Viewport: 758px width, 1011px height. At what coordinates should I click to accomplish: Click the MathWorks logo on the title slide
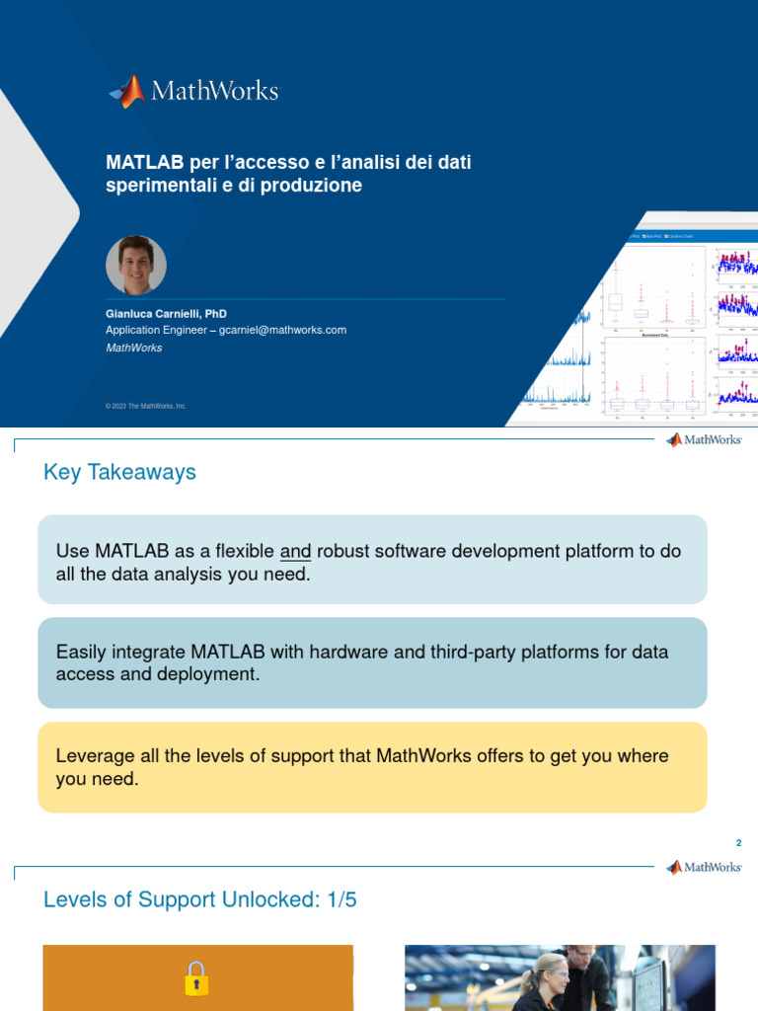point(193,91)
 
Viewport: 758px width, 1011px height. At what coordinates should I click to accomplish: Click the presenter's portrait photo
point(136,265)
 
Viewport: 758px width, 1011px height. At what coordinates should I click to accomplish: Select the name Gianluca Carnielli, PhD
point(166,313)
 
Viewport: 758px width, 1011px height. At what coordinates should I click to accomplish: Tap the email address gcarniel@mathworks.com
point(282,330)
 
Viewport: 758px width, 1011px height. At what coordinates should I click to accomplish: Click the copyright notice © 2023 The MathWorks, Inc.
point(146,406)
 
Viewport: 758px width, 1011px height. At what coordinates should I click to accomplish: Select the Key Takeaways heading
point(119,472)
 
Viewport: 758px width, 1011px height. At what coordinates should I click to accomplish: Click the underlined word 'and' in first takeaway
point(295,551)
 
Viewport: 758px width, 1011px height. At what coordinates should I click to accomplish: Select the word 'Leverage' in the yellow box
point(93,755)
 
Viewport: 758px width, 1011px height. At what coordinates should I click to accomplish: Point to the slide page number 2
point(737,843)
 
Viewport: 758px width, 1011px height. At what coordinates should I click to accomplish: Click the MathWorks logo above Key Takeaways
point(704,440)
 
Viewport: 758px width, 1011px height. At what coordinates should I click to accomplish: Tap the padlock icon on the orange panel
point(196,978)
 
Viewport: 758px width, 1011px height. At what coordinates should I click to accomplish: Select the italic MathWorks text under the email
point(134,348)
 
